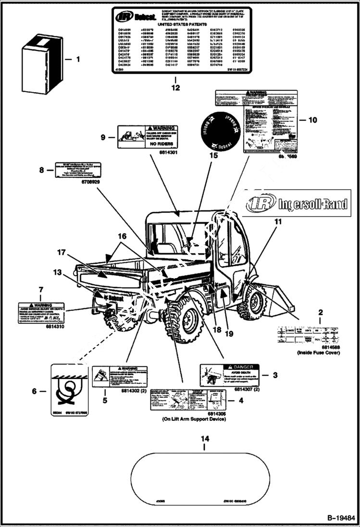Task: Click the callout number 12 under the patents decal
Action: pyautogui.click(x=175, y=87)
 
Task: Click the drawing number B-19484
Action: pyautogui.click(x=341, y=518)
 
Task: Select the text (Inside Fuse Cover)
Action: pyautogui.click(x=319, y=353)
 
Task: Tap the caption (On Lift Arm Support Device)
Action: pyautogui.click(x=194, y=419)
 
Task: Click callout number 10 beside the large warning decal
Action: pyautogui.click(x=312, y=120)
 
